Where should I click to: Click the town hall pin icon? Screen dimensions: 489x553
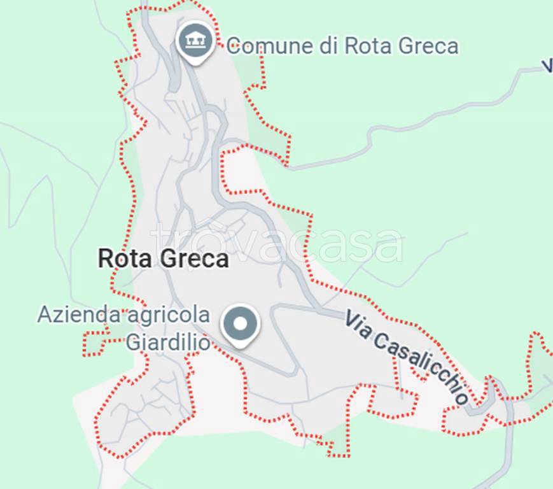195,43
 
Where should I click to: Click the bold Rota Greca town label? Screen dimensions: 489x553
163,259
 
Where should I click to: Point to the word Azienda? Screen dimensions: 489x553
79,315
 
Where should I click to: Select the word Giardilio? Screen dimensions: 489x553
167,342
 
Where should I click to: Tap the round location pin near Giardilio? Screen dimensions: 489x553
240,325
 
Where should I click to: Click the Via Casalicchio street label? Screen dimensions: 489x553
407,357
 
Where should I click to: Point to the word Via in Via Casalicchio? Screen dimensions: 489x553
356,322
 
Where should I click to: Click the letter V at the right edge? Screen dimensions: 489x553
547,66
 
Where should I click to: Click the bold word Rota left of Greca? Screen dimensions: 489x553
123,259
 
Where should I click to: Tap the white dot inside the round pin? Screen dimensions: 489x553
240,323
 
